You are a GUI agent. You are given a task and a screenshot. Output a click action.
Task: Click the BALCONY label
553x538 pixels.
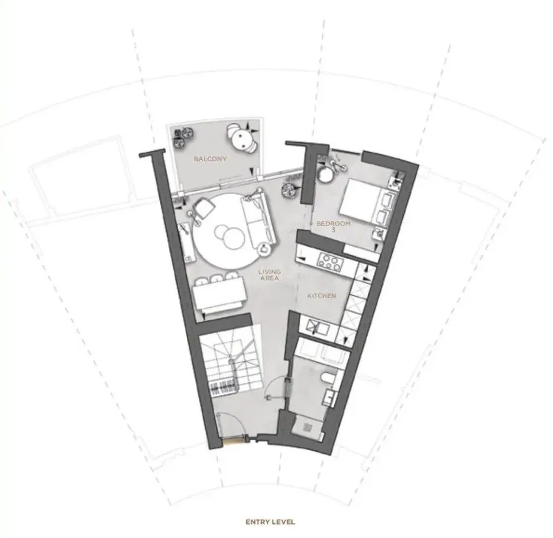pos(210,159)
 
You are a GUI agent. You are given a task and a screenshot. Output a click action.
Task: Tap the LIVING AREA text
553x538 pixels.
pos(270,275)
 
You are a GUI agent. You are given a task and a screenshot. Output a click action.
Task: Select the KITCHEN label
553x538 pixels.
pos(322,296)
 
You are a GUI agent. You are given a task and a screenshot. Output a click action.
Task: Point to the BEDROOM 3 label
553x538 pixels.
pos(333,226)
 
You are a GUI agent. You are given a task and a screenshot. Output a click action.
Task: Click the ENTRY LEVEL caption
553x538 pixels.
pos(270,522)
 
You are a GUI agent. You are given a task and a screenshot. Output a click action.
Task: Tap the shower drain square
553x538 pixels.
pos(308,427)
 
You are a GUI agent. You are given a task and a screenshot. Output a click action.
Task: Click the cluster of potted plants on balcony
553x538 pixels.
pos(182,137)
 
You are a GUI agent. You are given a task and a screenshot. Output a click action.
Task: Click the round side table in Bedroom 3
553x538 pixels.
pos(326,174)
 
